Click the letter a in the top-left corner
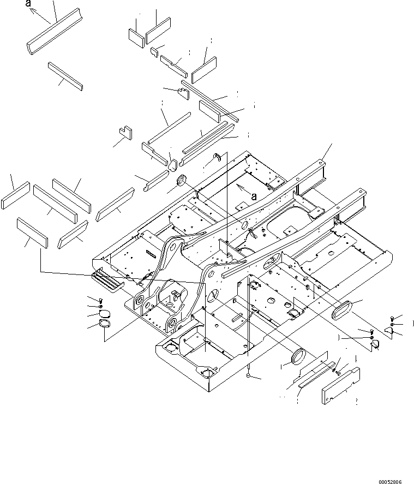pyautogui.click(x=28, y=5)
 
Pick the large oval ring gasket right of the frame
pyautogui.click(x=346, y=312)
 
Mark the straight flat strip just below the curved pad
pyautogui.click(x=65, y=75)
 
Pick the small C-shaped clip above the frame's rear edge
pyautogui.click(x=217, y=158)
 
